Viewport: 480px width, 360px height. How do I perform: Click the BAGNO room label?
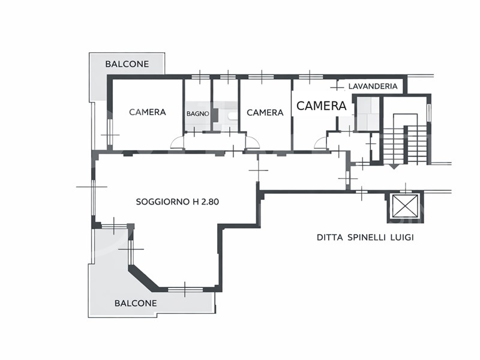coord(198,113)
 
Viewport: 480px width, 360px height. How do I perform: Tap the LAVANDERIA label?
coord(373,86)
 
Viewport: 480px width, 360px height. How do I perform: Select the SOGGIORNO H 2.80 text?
coord(178,202)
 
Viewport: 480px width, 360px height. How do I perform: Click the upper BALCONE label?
coord(127,64)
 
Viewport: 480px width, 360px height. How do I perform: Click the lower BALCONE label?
coord(136,303)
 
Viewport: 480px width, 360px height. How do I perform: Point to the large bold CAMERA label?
coord(322,106)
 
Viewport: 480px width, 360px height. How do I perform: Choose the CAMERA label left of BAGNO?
coord(148,112)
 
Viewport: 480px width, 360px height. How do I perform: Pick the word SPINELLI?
coord(367,237)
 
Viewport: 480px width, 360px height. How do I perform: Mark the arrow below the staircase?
coord(394,167)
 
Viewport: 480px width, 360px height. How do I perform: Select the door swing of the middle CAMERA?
coord(253,142)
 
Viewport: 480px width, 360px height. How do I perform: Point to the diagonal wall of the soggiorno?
coord(143,278)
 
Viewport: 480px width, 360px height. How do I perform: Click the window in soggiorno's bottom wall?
coord(185,289)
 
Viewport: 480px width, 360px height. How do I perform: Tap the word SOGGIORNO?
coord(163,202)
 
